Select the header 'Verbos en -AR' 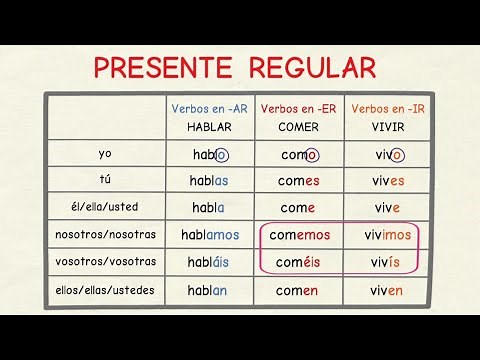pos(209,108)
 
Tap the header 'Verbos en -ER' pos(299,108)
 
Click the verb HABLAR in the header pos(209,127)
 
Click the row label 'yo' pos(106,154)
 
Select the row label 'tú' pos(106,181)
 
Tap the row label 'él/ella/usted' pos(106,208)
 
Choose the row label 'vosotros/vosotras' pos(106,262)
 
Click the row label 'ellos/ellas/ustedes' pos(106,290)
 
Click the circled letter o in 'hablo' pos(221,155)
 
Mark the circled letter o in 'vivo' pos(397,155)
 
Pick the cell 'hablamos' pos(210,235)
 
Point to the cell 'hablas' pos(209,181)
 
